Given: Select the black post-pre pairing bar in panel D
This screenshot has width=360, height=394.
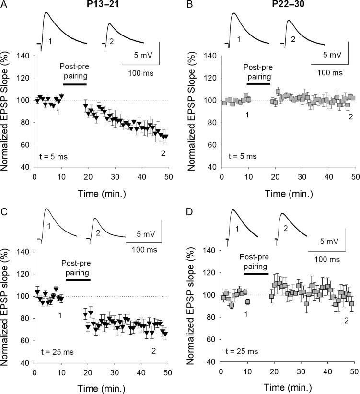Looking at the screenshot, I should coord(256,273).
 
